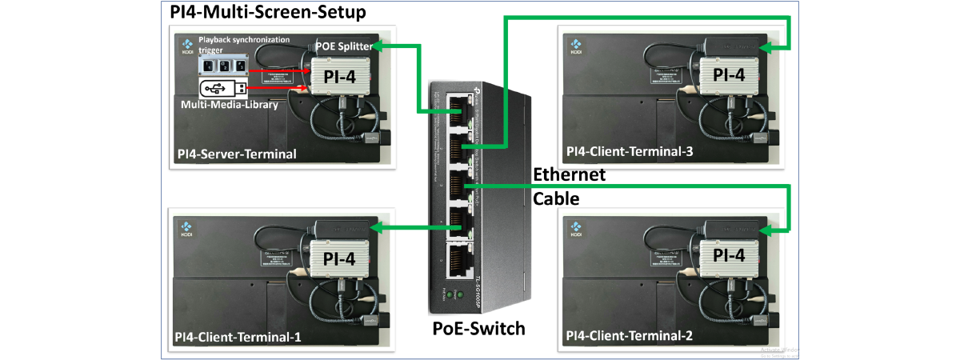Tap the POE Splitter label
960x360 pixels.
pyautogui.click(x=343, y=46)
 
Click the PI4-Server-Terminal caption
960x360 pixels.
pyautogui.click(x=236, y=154)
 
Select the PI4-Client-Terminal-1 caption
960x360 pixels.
pyautogui.click(x=238, y=337)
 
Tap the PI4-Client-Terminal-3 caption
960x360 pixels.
pyautogui.click(x=628, y=151)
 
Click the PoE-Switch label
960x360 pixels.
pyautogui.click(x=479, y=328)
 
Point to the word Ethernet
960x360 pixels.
pyautogui.click(x=570, y=175)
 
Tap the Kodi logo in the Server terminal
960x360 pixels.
pyautogui.click(x=186, y=46)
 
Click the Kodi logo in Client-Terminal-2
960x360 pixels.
pyautogui.click(x=576, y=230)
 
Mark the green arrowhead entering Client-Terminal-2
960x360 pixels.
pyautogui.click(x=764, y=232)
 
